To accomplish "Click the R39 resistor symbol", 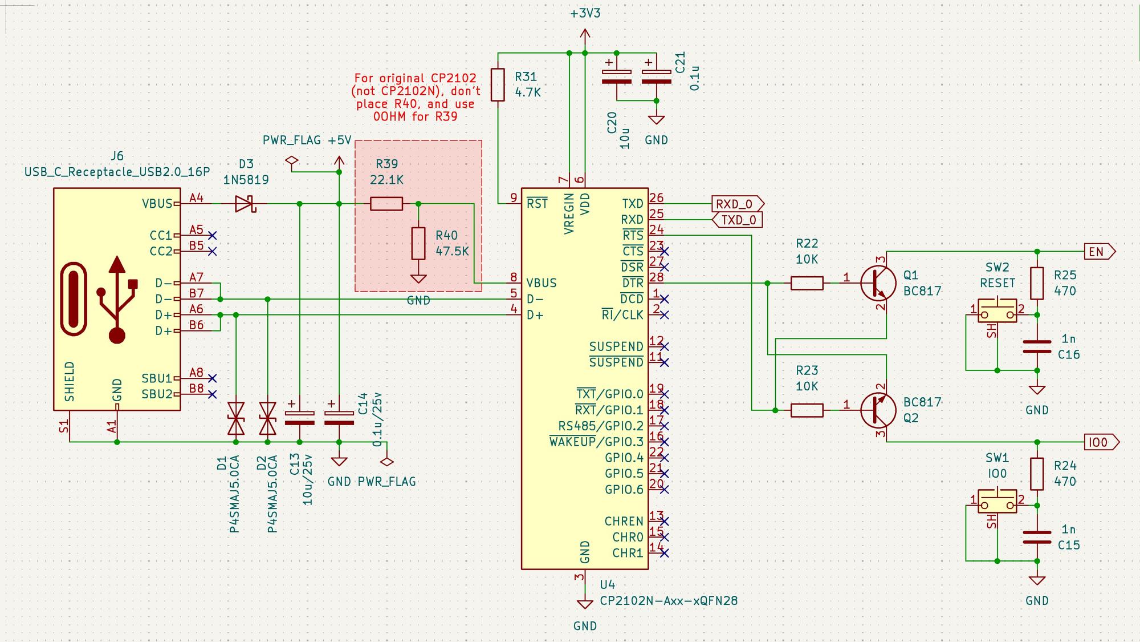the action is [x=386, y=204].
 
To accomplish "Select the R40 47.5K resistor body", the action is [x=418, y=244].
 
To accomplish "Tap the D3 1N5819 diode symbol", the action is [x=246, y=204].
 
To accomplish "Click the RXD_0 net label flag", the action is [x=738, y=204].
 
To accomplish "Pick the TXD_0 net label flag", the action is [x=738, y=220].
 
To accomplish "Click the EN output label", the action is [x=1100, y=252].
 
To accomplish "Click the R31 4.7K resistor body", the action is [x=498, y=85].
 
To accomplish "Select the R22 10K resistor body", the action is [x=807, y=283].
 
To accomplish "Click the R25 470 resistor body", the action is [x=1037, y=283].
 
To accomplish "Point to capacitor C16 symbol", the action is [x=1037, y=347].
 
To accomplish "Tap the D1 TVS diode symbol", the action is [x=235, y=418].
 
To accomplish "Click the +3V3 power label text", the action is [x=585, y=13].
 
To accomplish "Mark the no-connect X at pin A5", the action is [x=213, y=235].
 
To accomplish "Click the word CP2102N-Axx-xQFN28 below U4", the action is [x=669, y=601].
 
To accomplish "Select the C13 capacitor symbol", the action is [x=299, y=418].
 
